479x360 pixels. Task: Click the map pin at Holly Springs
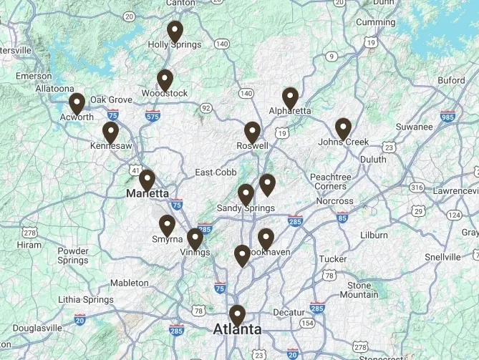(175, 32)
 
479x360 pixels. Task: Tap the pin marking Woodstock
(165, 80)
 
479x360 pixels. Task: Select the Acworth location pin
(77, 104)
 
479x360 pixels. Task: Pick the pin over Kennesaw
(110, 133)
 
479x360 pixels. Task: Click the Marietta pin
(147, 180)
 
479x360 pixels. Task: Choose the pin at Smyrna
(167, 226)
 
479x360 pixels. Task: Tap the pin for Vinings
(195, 240)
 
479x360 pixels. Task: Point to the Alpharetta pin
(290, 98)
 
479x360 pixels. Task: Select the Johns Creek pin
(343, 129)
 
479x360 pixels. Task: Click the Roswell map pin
(252, 132)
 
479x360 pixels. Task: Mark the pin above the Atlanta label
(237, 316)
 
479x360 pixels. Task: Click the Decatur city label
(289, 313)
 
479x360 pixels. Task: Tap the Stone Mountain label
(359, 290)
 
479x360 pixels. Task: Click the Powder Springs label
(73, 256)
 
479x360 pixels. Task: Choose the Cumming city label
(376, 22)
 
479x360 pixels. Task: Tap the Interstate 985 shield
(448, 117)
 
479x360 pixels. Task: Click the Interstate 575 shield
(152, 115)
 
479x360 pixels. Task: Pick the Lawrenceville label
(455, 190)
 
